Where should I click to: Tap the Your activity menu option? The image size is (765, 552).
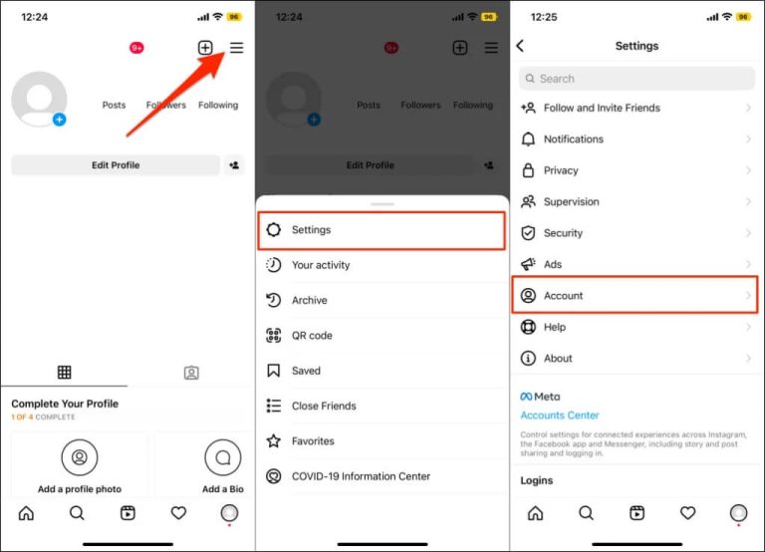320,265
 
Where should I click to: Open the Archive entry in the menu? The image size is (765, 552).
309,300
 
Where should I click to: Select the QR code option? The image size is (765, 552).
312,336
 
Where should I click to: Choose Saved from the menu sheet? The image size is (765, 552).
306,371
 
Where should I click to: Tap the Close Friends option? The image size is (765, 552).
323,406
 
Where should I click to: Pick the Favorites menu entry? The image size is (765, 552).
313,440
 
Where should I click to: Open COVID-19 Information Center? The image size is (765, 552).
361,476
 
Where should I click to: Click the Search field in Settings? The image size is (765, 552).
637,79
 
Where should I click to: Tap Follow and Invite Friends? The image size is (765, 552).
602,108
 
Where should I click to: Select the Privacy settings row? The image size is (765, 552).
561,170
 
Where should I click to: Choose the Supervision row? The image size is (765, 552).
571,201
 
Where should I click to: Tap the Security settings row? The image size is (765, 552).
563,233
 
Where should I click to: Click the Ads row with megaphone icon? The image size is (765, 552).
553,264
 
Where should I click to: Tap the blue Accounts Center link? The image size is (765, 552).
560,415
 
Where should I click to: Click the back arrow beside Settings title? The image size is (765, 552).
520,46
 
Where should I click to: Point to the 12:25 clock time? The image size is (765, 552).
544,17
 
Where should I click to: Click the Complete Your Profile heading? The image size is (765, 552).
65,404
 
